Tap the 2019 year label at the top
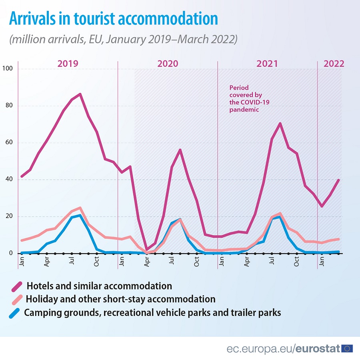[x=68, y=64]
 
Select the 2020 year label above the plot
[x=168, y=64]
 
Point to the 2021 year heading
[x=267, y=64]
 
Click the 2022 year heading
[x=334, y=64]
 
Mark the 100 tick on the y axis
[x=8, y=69]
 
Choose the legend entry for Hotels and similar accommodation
[x=99, y=286]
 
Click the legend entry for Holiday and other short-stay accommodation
[x=120, y=299]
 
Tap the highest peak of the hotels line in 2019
[x=80, y=94]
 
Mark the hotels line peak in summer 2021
[x=280, y=124]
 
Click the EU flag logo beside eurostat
[x=347, y=348]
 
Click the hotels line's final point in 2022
[x=339, y=180]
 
